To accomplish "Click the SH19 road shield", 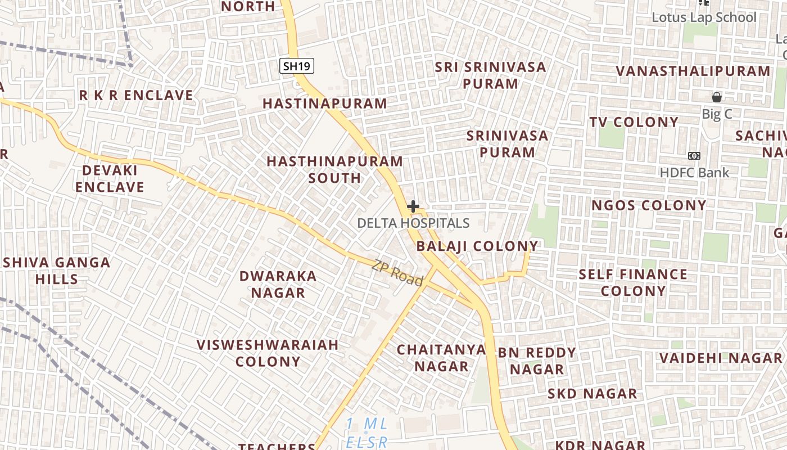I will pos(296,66).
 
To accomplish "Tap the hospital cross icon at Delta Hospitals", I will pos(413,206).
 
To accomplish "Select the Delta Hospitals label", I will pos(413,223).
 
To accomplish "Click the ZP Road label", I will pos(397,272).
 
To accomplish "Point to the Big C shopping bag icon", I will pos(717,97).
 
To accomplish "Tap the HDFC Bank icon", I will pos(694,156).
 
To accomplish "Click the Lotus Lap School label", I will pos(704,17).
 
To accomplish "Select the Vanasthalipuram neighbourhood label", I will pos(693,71).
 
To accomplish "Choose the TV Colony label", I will pos(634,122).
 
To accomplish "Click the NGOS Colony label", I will pos(649,206).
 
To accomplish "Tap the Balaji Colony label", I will pos(477,246).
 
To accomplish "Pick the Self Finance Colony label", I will pos(633,282).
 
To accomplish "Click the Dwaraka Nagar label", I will pos(278,285).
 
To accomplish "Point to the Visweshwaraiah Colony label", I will pos(268,353).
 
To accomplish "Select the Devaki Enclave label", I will pos(110,178).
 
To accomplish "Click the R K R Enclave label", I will pos(136,96).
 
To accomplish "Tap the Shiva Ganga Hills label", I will pos(56,271).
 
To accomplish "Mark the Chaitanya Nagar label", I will pos(441,358).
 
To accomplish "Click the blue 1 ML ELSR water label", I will pos(367,433).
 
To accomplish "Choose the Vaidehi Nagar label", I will pos(721,358).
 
